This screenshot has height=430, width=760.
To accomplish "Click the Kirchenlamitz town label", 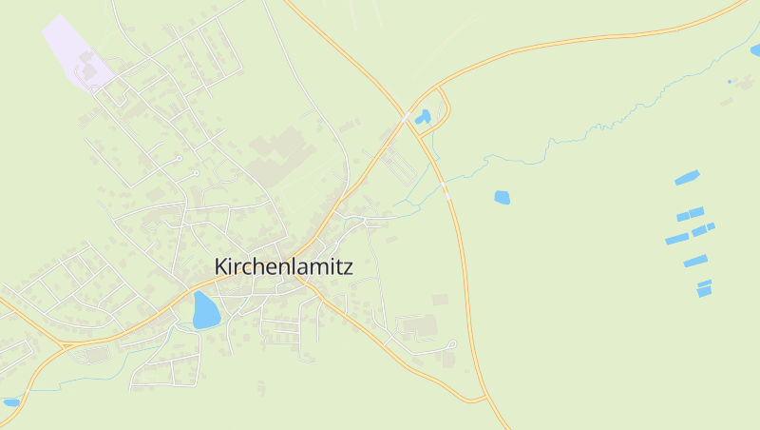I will pos(283,266).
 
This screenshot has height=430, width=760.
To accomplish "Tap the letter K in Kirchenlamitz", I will pos(221,266).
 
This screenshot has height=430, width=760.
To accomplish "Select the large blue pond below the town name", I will pos(205,310).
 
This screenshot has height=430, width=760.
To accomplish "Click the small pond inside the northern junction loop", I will pos(423,117).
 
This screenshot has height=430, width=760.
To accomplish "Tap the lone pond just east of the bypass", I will pos(502,198).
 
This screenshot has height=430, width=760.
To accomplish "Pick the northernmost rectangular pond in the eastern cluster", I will pos(687,178).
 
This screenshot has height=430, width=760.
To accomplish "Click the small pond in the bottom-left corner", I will pos(10,402).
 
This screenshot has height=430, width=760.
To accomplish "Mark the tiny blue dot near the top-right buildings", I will pos(730,82).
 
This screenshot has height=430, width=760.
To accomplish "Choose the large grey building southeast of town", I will pos(419,326).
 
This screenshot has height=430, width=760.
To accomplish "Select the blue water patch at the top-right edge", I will pos(755,49).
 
